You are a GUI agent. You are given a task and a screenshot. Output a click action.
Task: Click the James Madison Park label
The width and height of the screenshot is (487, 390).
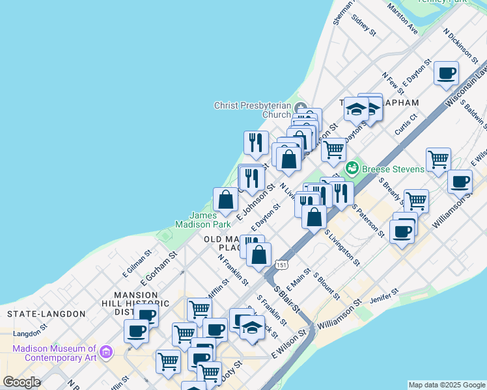click(210, 220)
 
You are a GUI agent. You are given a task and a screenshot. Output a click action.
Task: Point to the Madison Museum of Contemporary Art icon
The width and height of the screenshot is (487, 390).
click(106, 354)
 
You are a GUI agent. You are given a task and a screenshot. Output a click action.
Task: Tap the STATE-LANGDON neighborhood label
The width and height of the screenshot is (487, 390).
click(46, 314)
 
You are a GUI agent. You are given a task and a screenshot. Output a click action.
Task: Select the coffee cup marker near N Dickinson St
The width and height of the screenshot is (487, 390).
click(447, 73)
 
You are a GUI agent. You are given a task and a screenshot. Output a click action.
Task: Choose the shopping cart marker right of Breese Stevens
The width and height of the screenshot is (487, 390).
click(439, 158)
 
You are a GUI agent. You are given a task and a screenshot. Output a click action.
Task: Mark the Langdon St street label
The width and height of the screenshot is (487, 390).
click(27, 333)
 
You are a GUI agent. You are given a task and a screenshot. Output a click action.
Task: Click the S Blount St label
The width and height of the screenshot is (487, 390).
click(326, 286)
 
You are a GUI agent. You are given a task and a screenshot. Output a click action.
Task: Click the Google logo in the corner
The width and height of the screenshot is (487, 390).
click(21, 383)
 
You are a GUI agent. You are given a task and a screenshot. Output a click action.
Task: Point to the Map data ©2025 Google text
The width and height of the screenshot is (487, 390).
click(447, 385)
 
